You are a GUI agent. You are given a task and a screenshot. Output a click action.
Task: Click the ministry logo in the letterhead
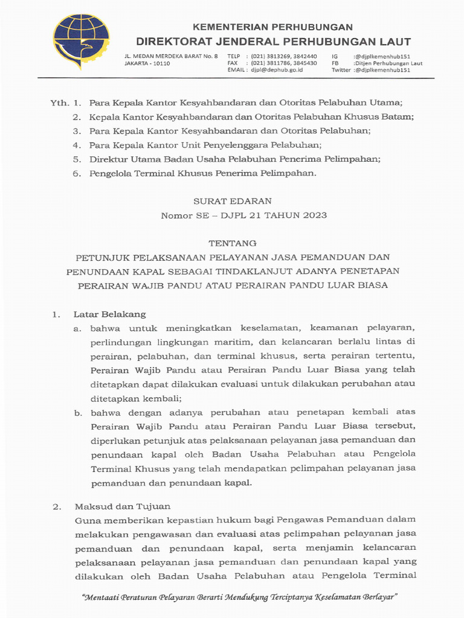(81, 42)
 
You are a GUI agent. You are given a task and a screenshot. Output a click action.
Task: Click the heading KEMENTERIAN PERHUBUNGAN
(272, 27)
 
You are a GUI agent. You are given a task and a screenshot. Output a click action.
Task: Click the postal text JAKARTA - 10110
(147, 63)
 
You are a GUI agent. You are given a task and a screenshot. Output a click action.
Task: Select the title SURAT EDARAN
(232, 201)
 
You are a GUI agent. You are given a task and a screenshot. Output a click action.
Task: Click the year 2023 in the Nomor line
(315, 215)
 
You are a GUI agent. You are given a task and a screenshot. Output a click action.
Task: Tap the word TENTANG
(232, 243)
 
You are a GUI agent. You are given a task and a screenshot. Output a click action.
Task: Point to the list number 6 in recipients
(76, 173)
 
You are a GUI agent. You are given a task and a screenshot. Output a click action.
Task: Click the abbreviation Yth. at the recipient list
(59, 103)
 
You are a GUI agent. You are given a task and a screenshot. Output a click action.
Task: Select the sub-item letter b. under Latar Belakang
(77, 412)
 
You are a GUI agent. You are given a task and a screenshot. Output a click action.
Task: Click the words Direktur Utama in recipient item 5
(120, 159)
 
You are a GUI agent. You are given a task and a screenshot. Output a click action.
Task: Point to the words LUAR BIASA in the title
(362, 285)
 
